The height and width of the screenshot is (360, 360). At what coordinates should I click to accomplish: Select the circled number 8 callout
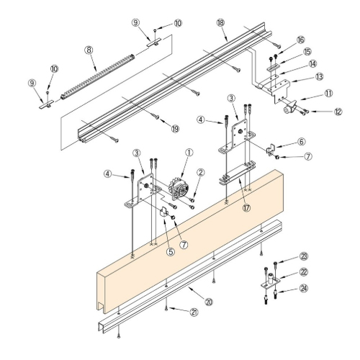tap(89, 50)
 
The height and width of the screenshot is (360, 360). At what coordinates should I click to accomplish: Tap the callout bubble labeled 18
tap(220, 24)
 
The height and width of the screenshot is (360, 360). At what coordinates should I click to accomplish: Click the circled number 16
tap(301, 40)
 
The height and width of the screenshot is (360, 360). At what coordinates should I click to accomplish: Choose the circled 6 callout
tap(282, 143)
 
